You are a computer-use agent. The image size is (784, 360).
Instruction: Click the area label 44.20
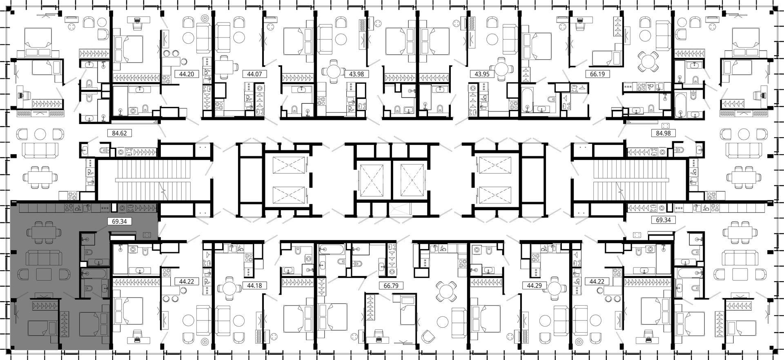point(183,74)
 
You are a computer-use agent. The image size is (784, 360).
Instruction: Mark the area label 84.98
point(660,133)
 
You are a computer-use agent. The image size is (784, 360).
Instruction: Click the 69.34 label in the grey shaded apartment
point(116,221)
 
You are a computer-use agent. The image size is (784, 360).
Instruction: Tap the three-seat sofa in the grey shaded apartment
point(44,258)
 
